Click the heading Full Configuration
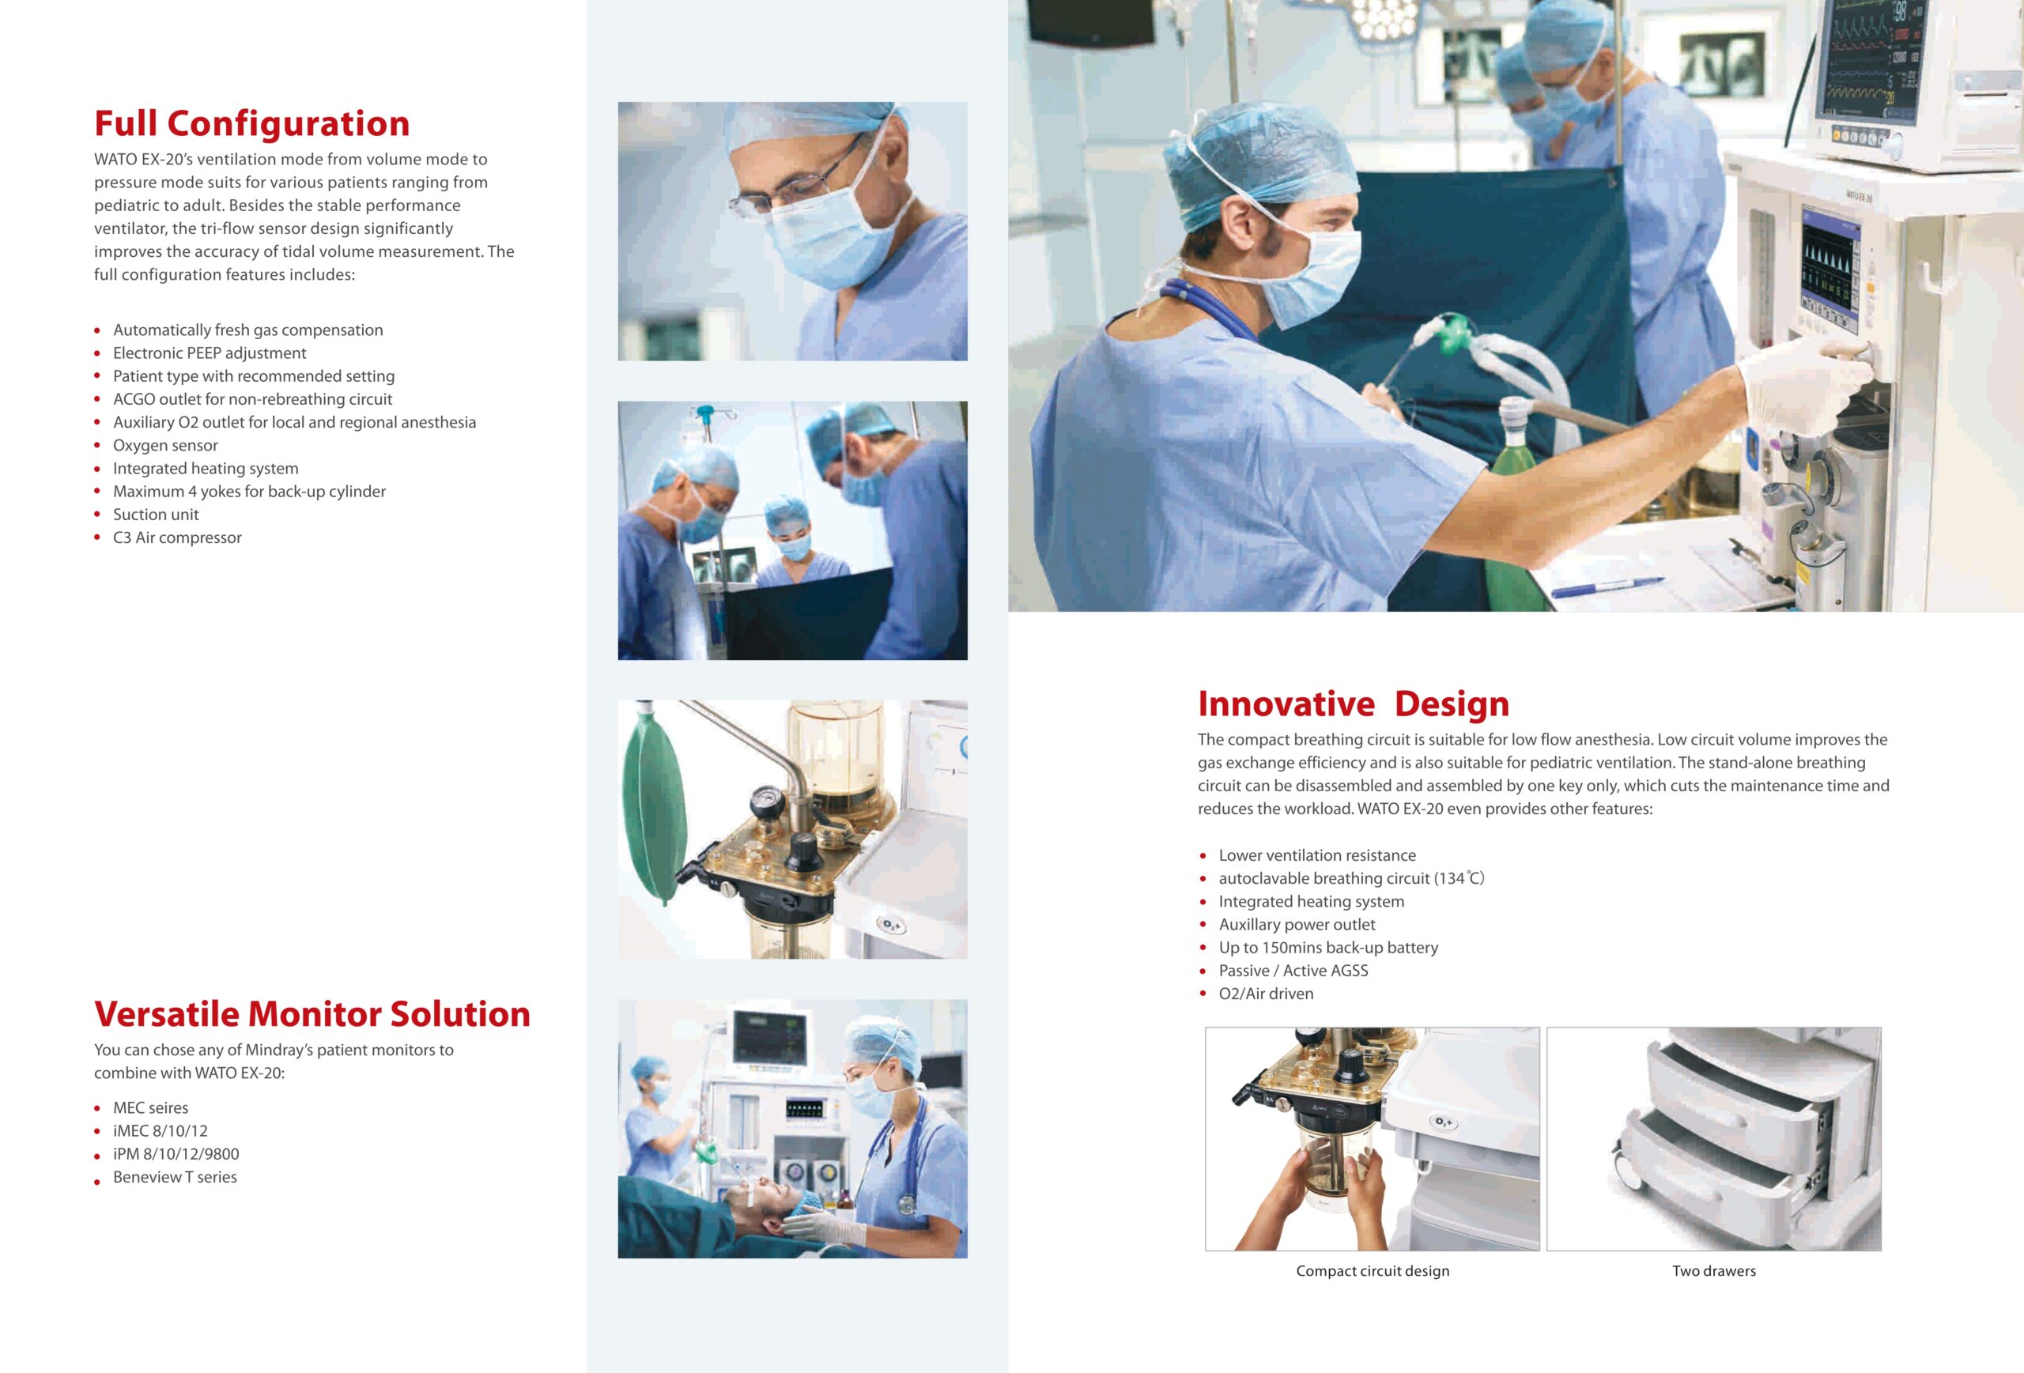(251, 123)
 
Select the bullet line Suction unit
(156, 515)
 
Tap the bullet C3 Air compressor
(178, 538)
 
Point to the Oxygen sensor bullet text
(165, 446)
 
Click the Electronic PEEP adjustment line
(210, 353)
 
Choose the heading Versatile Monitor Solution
(312, 1014)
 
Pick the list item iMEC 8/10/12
(160, 1131)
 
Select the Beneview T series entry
(175, 1177)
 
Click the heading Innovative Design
(1354, 703)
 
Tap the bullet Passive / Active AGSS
(1293, 971)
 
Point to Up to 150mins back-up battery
(1328, 947)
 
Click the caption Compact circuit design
(1373, 1271)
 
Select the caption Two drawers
(1714, 1271)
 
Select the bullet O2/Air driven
(1267, 994)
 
